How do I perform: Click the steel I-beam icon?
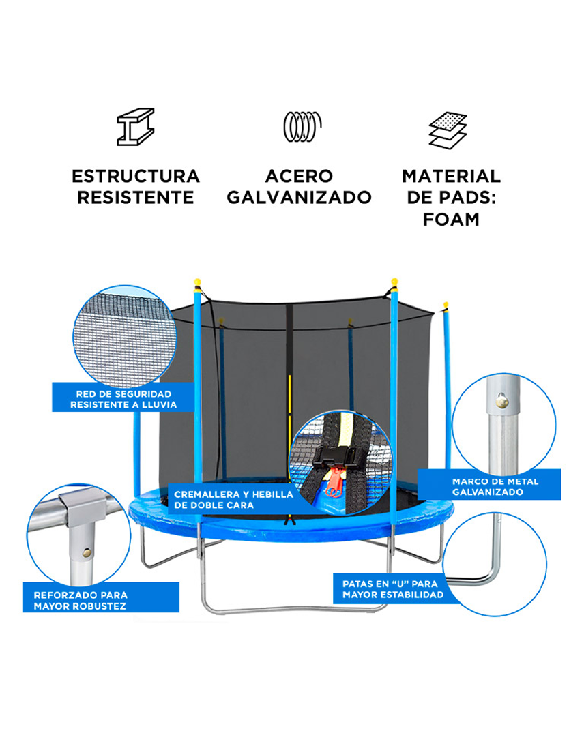point(136,126)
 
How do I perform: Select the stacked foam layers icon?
point(448,130)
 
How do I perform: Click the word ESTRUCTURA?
point(136,177)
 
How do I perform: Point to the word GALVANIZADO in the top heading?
point(299,198)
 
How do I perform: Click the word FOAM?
point(451,220)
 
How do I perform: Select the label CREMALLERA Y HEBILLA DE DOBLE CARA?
point(233,499)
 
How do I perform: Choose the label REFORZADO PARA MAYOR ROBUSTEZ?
point(81,600)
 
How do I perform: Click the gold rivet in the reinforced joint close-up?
point(87,552)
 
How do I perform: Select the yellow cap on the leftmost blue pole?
point(197,282)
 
